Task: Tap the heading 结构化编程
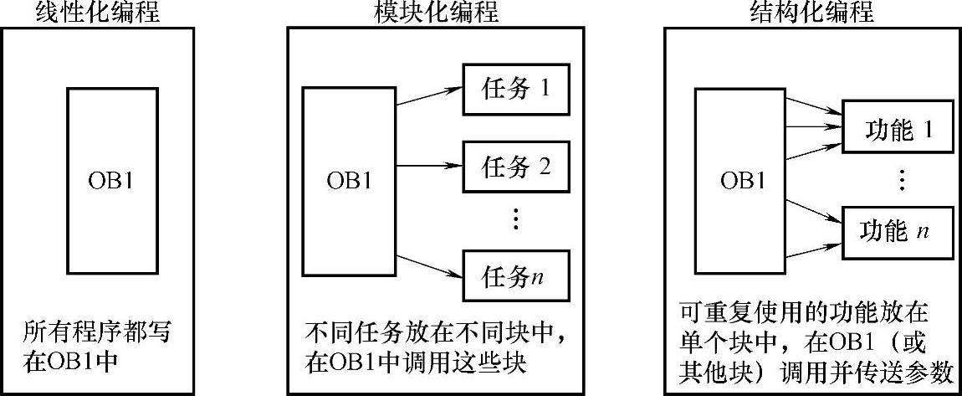click(x=811, y=12)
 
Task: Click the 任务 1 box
click(x=516, y=88)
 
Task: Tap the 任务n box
click(x=516, y=274)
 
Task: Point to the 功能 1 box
click(x=897, y=130)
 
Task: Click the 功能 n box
click(x=897, y=230)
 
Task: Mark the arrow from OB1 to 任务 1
click(x=428, y=95)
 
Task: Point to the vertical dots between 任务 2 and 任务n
click(x=515, y=219)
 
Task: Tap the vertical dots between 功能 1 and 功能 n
click(x=902, y=179)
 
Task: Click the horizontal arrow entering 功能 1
click(x=811, y=127)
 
